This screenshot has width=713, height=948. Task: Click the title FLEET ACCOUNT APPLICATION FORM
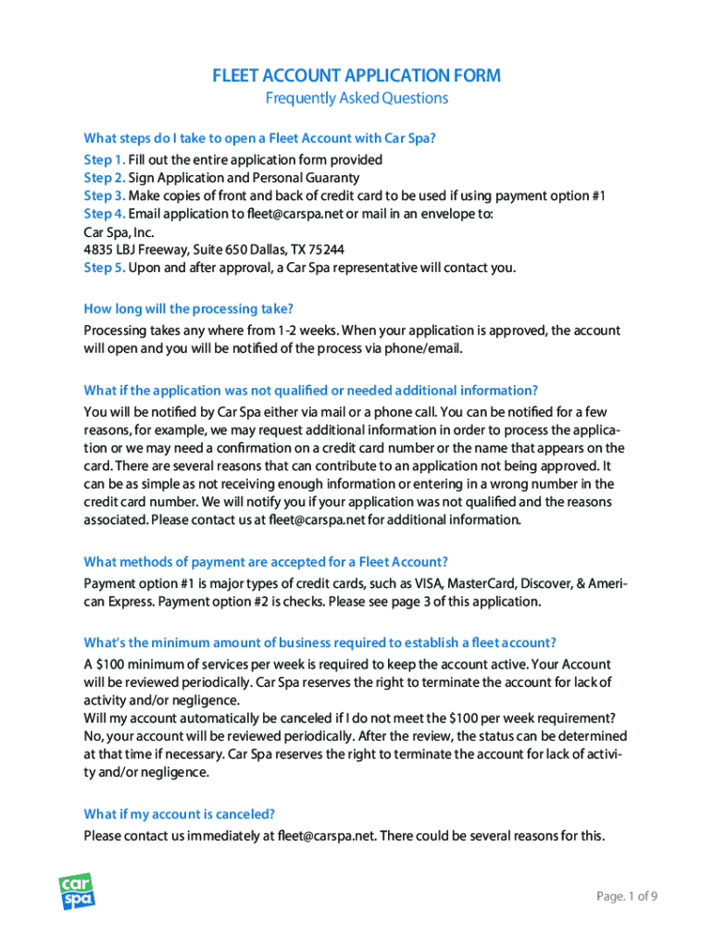tap(356, 76)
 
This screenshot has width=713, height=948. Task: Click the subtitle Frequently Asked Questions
tap(356, 98)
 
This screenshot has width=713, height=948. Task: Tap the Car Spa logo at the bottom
tap(78, 892)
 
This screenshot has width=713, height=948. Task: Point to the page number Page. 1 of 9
tap(627, 895)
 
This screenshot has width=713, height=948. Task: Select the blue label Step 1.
tap(104, 159)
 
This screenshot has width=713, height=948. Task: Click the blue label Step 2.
tap(104, 178)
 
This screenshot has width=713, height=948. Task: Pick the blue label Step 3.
tap(104, 195)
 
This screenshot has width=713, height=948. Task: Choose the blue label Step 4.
tap(104, 214)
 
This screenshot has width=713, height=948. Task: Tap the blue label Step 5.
tap(104, 268)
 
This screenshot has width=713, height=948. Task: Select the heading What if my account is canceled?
tap(179, 815)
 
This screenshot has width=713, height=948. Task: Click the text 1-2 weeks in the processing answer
tap(306, 331)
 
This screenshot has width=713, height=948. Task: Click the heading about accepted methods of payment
tap(266, 562)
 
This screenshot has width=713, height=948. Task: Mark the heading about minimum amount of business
tap(319, 642)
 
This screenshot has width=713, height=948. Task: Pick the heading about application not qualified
tap(310, 390)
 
